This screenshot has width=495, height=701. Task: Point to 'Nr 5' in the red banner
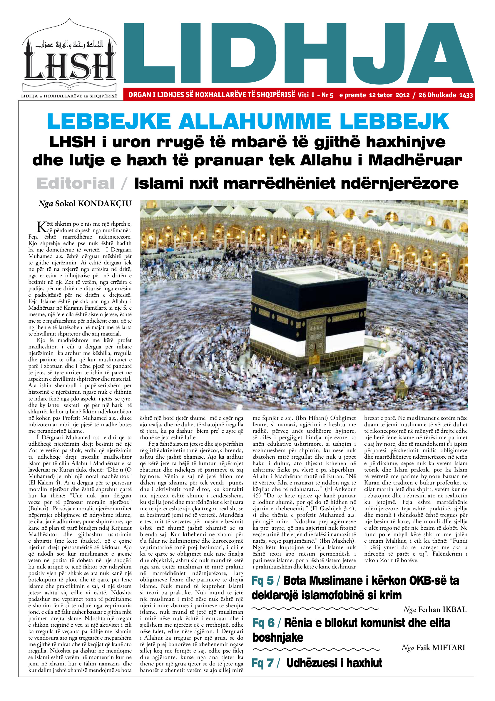(x=327, y=95)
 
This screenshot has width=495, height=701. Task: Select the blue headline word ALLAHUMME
(x=255, y=122)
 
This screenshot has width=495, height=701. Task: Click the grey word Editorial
(x=76, y=184)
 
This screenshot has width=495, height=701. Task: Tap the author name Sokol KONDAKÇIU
(x=93, y=204)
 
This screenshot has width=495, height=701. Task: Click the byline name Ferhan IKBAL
(x=442, y=609)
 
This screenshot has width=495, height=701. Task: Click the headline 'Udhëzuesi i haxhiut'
(x=334, y=663)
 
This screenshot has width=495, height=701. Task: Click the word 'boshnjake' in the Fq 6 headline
(x=278, y=638)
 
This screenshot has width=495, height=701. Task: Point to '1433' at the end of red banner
(x=466, y=95)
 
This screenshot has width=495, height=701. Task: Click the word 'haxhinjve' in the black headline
(x=405, y=142)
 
